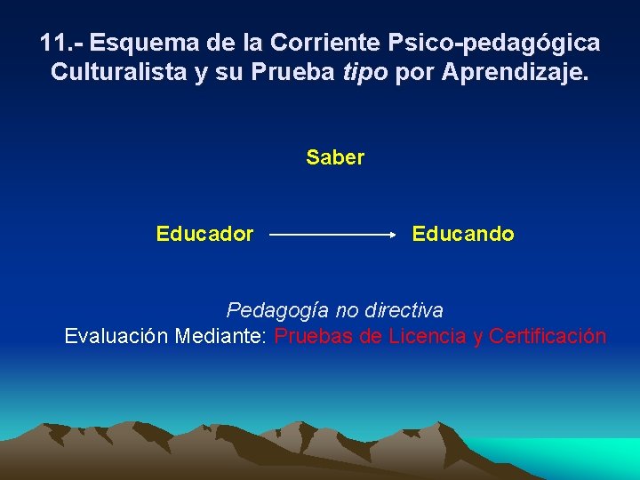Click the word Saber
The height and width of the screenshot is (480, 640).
335,157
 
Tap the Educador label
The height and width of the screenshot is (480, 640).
204,234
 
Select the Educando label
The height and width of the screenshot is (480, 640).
462,234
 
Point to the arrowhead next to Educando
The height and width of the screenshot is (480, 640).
392,235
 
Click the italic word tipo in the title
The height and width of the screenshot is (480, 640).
364,73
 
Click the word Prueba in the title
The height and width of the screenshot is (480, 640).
295,72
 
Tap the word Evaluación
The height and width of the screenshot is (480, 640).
116,336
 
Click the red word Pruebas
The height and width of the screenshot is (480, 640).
316,336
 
